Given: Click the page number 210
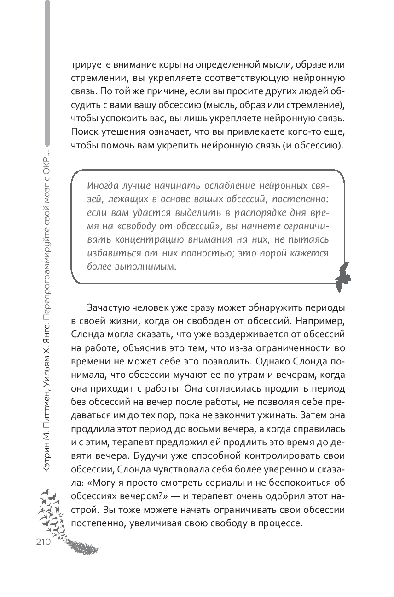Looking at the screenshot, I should [42, 542].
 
